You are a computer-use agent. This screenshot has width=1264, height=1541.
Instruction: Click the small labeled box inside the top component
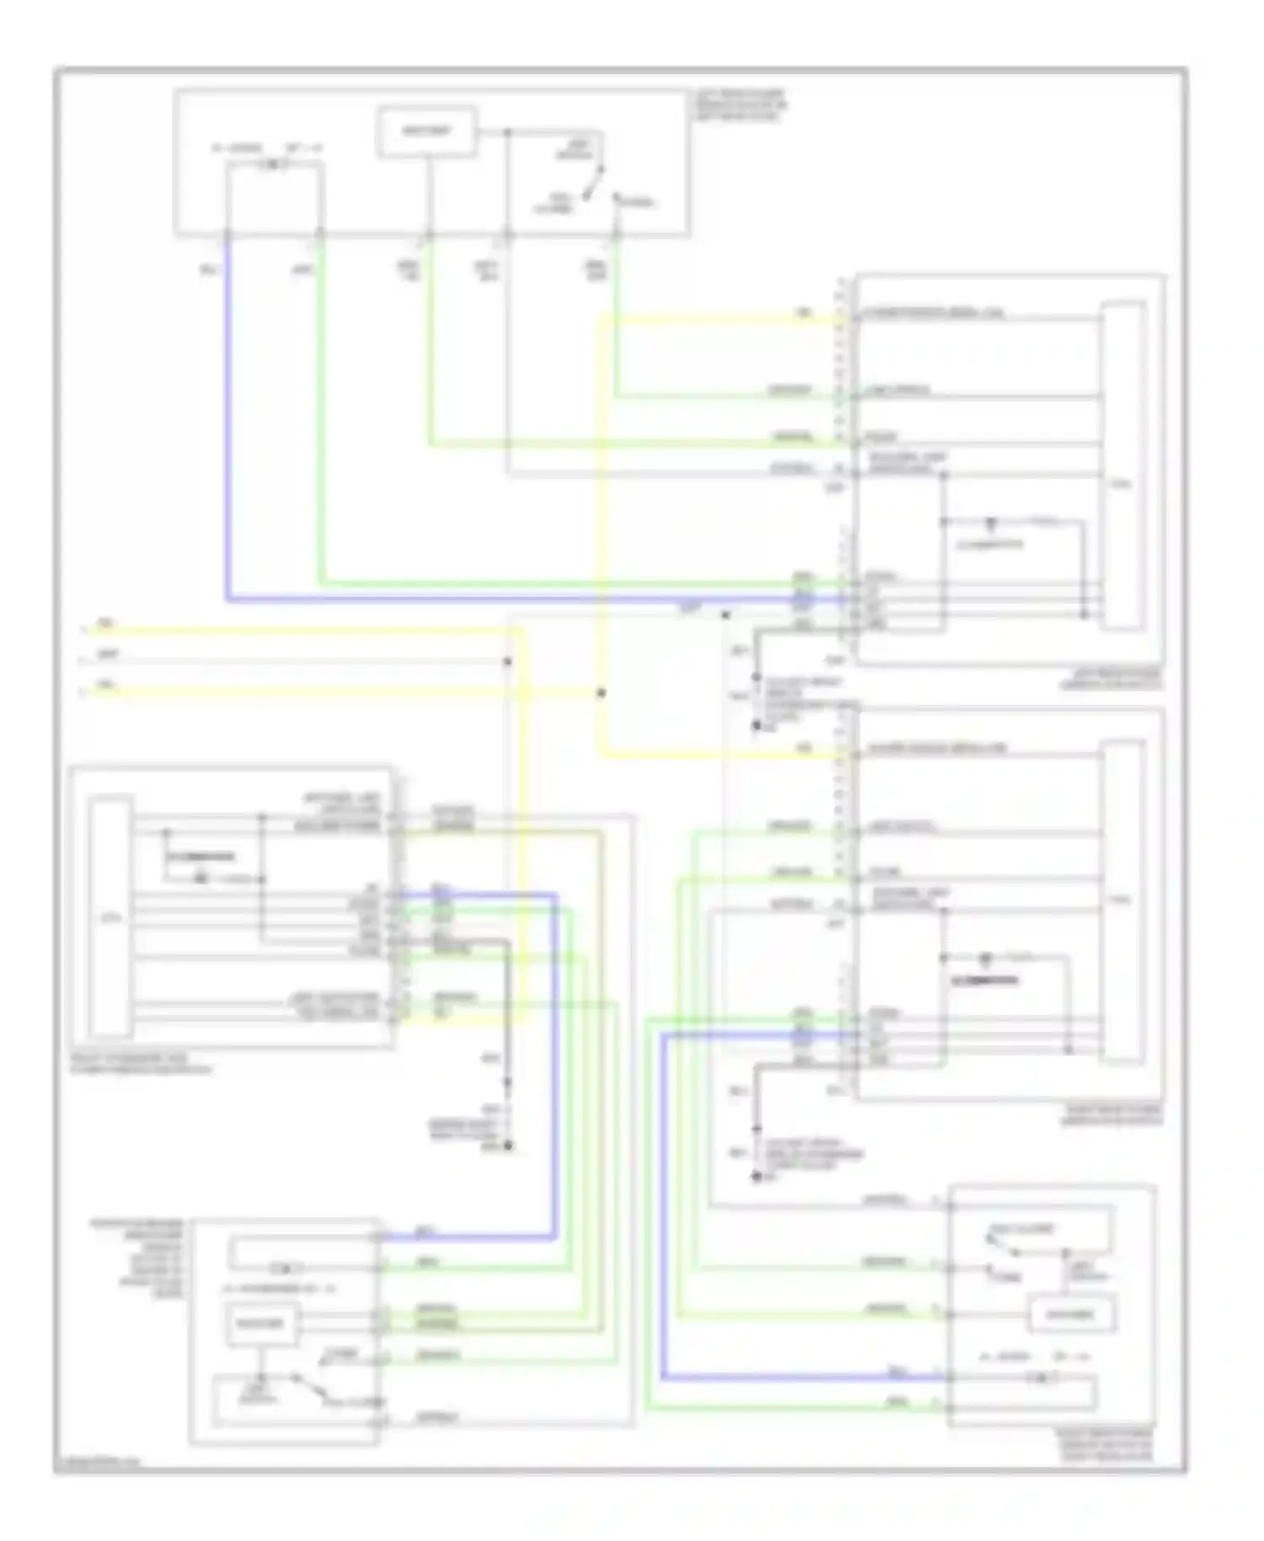coord(427,132)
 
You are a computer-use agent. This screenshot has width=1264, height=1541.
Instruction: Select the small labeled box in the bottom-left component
coord(262,1324)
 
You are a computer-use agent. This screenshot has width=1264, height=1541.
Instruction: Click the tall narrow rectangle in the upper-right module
coord(1123,465)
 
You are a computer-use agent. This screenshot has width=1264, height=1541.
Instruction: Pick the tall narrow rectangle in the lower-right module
coord(1123,900)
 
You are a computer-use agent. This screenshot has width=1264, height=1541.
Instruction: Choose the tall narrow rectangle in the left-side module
coord(110,915)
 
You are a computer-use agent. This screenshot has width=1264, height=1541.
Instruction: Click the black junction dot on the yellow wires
coord(601,693)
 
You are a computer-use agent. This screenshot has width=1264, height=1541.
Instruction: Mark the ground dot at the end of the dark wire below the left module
coord(508,1146)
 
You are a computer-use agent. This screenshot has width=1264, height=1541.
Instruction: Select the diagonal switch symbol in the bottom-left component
coord(308,1388)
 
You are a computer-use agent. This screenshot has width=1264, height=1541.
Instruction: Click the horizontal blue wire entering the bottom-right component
coord(801,1378)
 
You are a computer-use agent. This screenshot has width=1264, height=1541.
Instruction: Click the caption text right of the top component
coord(740,105)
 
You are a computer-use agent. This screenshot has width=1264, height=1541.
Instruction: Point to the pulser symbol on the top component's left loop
coord(274,165)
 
